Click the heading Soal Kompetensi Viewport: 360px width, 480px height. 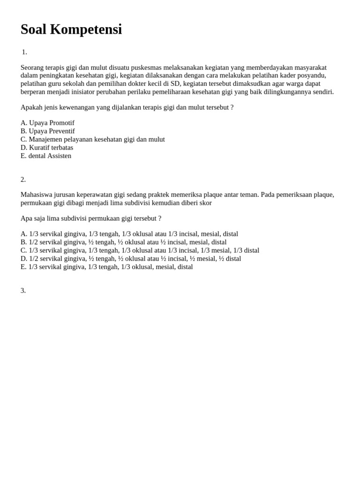(71, 29)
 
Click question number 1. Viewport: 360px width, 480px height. (24, 52)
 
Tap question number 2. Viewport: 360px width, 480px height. (23, 180)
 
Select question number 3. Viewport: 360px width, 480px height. (23, 291)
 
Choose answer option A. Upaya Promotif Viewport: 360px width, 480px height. (47, 123)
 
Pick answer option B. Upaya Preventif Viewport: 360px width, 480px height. (48, 131)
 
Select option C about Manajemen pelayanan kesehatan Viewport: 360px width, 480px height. (93, 139)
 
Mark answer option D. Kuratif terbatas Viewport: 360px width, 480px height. (47, 148)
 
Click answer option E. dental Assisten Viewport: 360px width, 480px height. (46, 156)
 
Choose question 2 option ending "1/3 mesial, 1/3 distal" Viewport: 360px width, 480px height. (140, 250)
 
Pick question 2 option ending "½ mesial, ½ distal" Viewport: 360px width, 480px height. (131, 258)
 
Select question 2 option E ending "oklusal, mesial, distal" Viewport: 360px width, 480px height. (107, 267)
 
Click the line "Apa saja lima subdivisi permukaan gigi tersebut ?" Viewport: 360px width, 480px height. (91, 218)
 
